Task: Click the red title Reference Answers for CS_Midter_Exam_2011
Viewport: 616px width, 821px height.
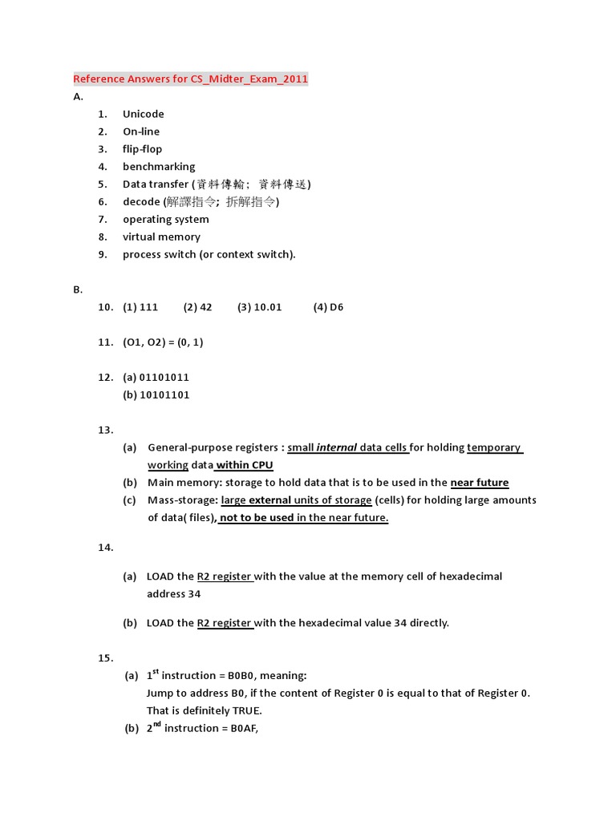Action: (x=190, y=79)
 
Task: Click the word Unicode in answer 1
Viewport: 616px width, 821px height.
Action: (x=143, y=114)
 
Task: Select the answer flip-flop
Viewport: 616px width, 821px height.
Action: (x=142, y=149)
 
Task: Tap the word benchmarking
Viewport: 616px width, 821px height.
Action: (x=159, y=167)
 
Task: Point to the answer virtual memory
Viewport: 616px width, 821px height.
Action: (x=161, y=237)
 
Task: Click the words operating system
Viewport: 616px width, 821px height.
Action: (x=165, y=219)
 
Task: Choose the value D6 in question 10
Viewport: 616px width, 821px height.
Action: (x=336, y=307)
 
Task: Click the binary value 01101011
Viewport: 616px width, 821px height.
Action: (x=164, y=377)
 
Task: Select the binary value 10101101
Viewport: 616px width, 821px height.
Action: (x=164, y=394)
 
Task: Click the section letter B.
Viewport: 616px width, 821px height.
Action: (x=78, y=289)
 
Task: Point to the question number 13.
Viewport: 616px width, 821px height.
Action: (x=106, y=430)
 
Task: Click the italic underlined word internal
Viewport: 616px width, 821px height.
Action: (x=337, y=447)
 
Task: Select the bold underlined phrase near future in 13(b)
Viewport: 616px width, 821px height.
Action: (x=480, y=483)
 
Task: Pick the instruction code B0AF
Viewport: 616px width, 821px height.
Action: (x=244, y=728)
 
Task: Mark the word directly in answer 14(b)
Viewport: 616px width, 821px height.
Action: (x=429, y=623)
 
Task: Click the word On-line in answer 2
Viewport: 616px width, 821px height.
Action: (x=141, y=131)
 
